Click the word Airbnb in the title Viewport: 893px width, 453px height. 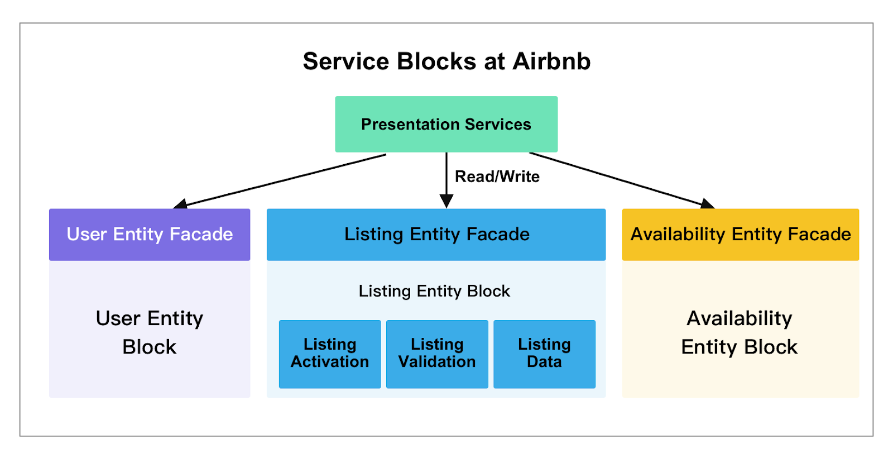(x=551, y=61)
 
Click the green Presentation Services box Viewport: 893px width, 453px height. (x=446, y=124)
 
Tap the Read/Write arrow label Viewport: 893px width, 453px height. (x=497, y=177)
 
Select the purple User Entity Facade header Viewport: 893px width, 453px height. (x=150, y=234)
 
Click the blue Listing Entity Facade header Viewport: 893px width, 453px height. (x=436, y=234)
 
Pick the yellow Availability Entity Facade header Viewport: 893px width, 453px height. (x=740, y=234)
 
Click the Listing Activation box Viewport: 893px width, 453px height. (x=330, y=354)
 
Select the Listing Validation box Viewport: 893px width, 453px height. (x=437, y=354)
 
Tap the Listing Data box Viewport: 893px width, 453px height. (x=544, y=354)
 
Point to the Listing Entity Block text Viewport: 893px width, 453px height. (x=434, y=291)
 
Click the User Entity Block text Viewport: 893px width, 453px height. (x=150, y=332)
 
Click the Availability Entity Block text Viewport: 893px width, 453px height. (x=740, y=332)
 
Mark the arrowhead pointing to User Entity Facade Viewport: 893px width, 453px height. (x=180, y=204)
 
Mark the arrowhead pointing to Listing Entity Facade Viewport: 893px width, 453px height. (x=446, y=201)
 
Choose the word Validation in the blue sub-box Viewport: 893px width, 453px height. (x=437, y=362)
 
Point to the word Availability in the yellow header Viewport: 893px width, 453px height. (x=678, y=234)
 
